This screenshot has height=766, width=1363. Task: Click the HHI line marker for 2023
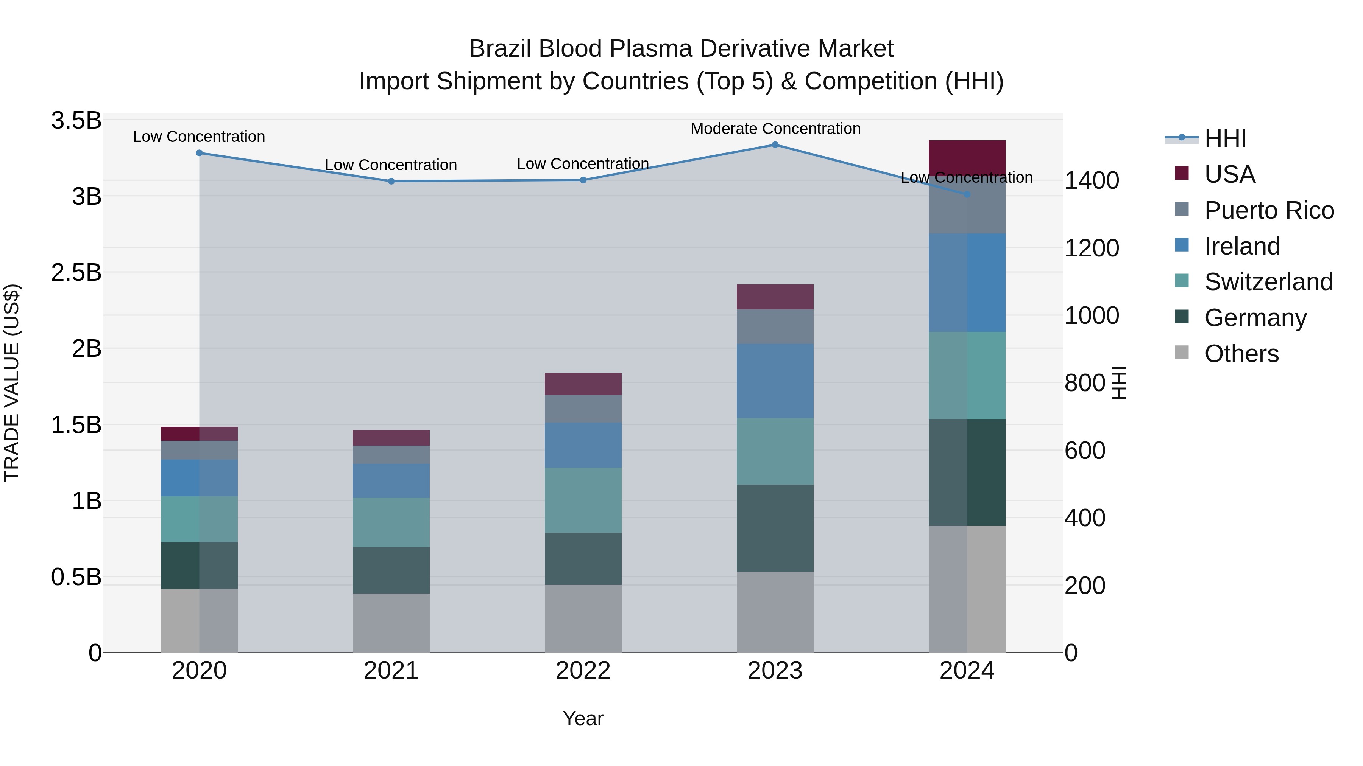[x=775, y=144]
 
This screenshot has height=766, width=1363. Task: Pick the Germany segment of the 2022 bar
[x=583, y=558]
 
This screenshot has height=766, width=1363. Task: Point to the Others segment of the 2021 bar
[x=391, y=622]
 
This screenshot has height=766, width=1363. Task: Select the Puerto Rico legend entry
[x=1269, y=210]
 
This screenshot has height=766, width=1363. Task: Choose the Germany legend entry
[x=1255, y=317]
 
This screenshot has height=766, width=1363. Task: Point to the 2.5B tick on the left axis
[x=76, y=272]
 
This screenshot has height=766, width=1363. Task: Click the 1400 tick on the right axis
[x=1091, y=180]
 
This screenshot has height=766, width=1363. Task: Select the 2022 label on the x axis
[x=583, y=671]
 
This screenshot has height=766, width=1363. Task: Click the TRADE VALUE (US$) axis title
[x=12, y=383]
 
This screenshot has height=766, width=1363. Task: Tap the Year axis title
[x=583, y=718]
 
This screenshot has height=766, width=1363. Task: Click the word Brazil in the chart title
[x=500, y=49]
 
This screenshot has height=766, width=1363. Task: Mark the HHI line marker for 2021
[x=391, y=181]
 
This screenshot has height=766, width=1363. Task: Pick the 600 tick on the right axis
[x=1084, y=451]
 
